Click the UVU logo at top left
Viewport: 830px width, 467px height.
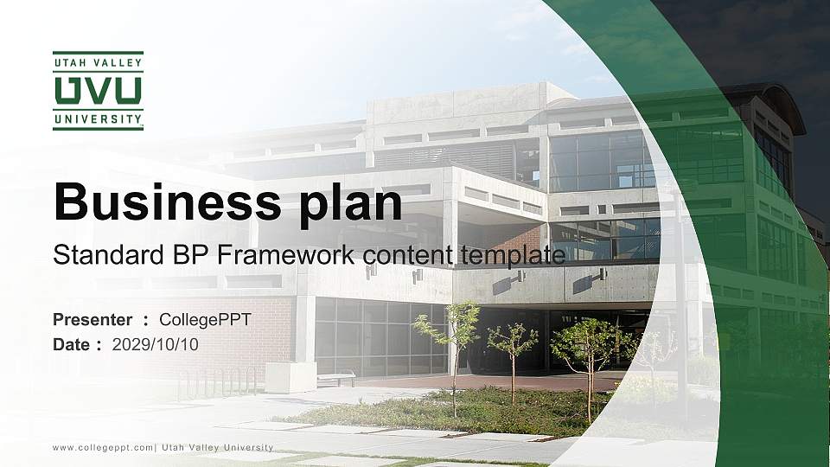tap(98, 91)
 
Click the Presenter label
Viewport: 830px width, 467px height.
tap(93, 320)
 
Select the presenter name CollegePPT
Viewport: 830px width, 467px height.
tap(205, 320)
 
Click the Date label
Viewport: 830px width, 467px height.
tap(72, 344)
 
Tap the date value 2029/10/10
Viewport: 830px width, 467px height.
tap(156, 344)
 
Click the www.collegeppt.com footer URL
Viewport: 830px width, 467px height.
tap(103, 447)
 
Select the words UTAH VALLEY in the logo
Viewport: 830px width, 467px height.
tap(98, 63)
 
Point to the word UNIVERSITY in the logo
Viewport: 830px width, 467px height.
tap(98, 118)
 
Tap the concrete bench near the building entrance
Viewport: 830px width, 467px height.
tap(336, 378)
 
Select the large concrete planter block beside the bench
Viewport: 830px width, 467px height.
tap(290, 377)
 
